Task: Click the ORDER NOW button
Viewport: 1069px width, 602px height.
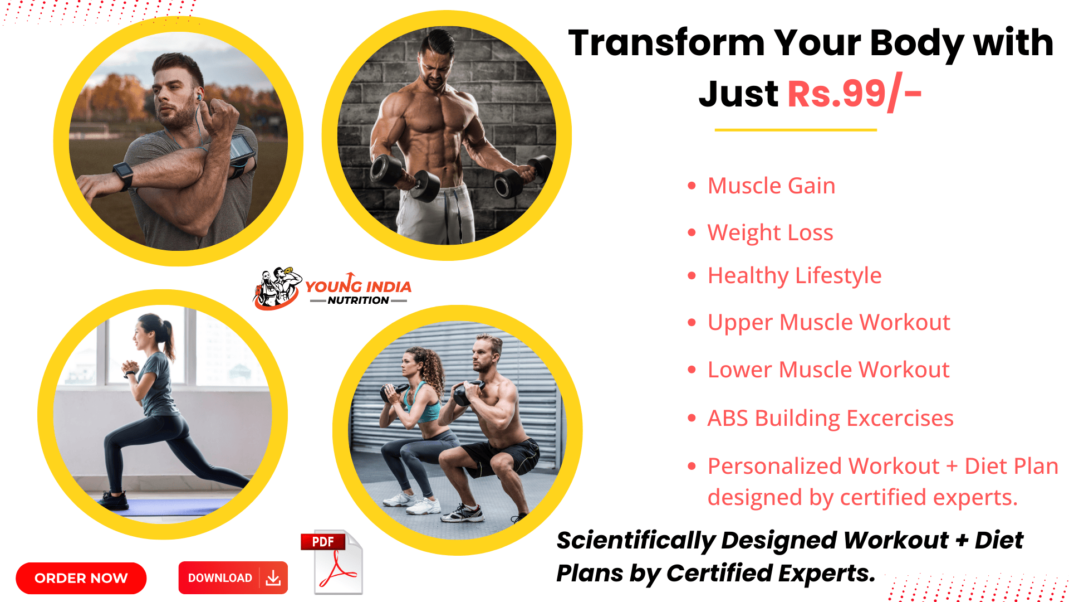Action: [x=81, y=578]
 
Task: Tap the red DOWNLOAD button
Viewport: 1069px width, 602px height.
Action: [x=233, y=577]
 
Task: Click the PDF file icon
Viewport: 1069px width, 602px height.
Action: [x=332, y=562]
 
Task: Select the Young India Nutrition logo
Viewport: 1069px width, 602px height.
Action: [x=332, y=289]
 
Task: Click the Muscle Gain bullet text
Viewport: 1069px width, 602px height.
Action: [x=771, y=186]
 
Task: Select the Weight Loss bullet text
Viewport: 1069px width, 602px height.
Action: [x=770, y=232]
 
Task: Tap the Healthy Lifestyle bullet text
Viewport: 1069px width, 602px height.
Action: [x=795, y=275]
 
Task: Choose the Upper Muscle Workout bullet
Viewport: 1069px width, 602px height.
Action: [x=828, y=322]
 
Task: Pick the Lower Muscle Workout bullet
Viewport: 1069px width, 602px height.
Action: [x=828, y=370]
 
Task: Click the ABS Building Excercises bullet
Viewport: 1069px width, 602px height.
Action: [x=830, y=418]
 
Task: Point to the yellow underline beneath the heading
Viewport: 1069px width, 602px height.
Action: [x=796, y=130]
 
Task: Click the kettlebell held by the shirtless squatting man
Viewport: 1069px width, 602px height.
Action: [x=468, y=392]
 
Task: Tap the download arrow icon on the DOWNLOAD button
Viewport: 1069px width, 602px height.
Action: [x=273, y=578]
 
